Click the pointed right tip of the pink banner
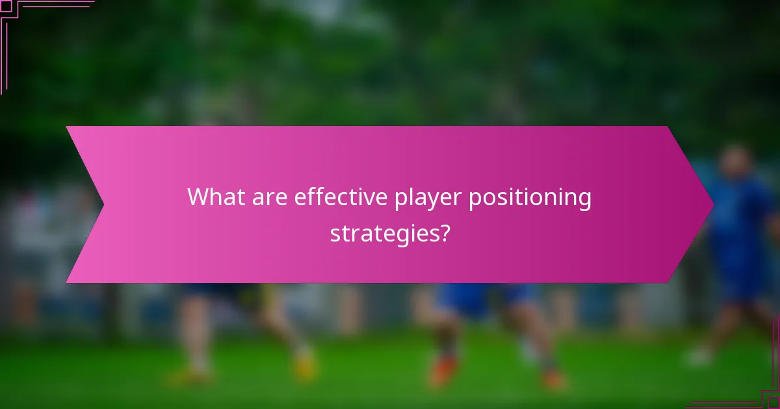pyautogui.click(x=713, y=204)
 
